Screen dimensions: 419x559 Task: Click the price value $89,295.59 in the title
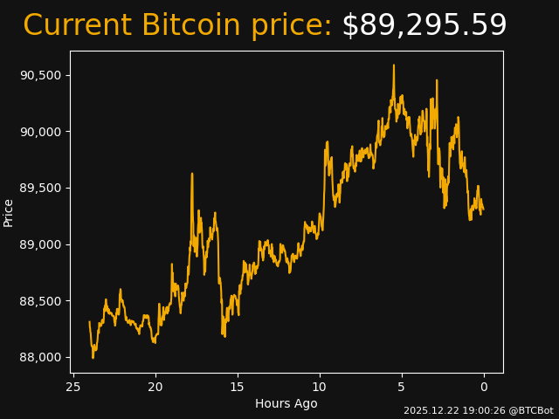coord(424,26)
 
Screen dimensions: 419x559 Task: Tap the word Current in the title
coord(78,26)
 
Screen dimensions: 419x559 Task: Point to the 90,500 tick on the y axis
coord(40,75)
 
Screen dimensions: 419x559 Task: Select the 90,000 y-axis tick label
coord(40,132)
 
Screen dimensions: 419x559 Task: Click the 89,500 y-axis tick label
coord(40,188)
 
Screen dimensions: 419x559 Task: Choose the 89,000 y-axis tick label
coord(40,244)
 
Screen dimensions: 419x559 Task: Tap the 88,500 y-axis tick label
coord(40,301)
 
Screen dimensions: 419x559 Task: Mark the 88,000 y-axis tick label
coord(40,357)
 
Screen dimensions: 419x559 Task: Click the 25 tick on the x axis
coord(73,387)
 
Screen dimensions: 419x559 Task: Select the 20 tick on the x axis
coord(155,387)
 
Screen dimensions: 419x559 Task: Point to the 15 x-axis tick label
coord(238,387)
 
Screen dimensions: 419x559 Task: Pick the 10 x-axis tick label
coord(320,387)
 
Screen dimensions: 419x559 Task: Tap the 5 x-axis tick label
coord(402,387)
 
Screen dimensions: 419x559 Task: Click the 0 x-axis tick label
coord(484,387)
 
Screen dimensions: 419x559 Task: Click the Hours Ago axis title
coord(286,403)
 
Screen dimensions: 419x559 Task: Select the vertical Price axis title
coord(9,212)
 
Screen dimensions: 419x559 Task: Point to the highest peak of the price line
coord(394,65)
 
